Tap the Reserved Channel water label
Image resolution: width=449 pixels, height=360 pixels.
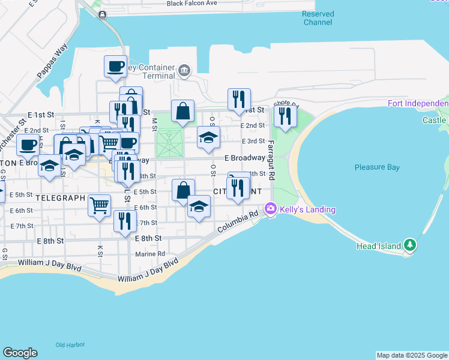pos(318,18)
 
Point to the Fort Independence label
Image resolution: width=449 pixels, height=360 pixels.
pos(418,103)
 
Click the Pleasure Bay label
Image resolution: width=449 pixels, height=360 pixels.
pos(377,167)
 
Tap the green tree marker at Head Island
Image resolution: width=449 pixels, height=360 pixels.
pos(409,244)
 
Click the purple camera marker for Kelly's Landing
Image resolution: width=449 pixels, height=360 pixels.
pos(271,208)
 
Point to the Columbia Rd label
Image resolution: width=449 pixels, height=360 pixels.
pos(237,221)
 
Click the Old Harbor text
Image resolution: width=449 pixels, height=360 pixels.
pos(70,345)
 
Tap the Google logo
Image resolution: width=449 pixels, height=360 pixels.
pos(20,353)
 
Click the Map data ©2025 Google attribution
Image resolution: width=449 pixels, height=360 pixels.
pos(411,355)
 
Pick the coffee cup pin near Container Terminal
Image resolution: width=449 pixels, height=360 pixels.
pos(115,67)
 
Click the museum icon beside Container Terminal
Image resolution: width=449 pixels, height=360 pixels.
pos(184,71)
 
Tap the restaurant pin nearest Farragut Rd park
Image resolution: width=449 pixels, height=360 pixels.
pos(285,116)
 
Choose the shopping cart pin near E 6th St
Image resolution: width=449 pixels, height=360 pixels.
pos(100,205)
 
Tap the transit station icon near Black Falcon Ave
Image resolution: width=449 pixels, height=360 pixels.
pos(103,15)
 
